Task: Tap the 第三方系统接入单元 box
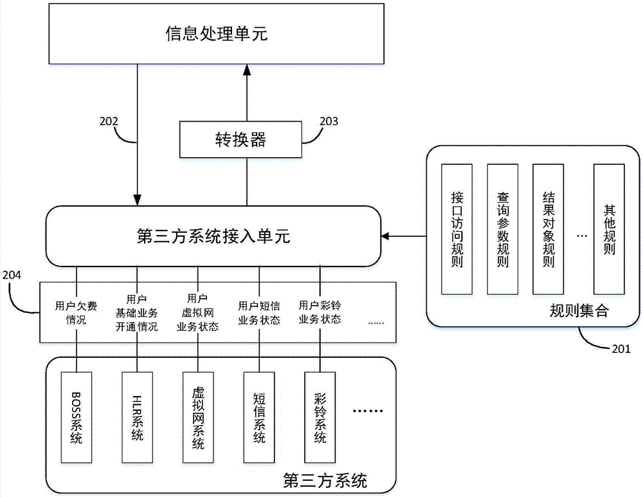point(214,236)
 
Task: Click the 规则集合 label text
point(578,312)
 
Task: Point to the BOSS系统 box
point(77,417)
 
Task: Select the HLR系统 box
point(137,417)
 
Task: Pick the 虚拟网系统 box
point(198,417)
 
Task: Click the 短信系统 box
point(259,417)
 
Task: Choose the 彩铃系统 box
point(320,417)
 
